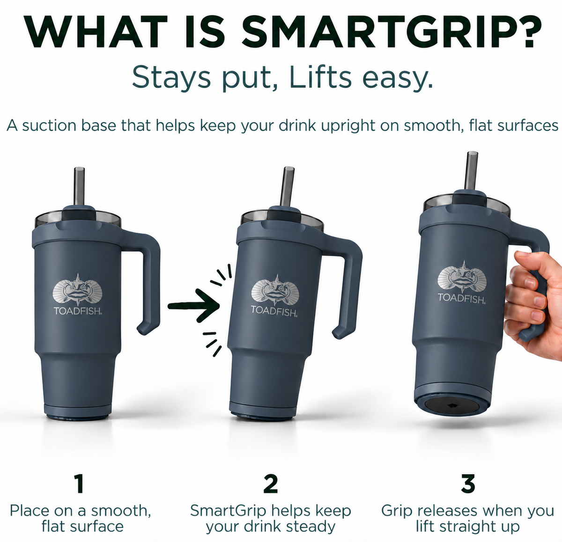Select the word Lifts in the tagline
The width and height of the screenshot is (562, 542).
click(320, 78)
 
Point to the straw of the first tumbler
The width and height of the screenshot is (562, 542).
click(79, 186)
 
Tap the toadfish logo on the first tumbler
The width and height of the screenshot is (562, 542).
click(78, 289)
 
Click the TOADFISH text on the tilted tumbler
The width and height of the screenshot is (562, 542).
click(274, 311)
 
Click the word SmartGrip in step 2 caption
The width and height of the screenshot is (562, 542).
click(228, 512)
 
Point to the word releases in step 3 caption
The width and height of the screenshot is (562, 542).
click(450, 511)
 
